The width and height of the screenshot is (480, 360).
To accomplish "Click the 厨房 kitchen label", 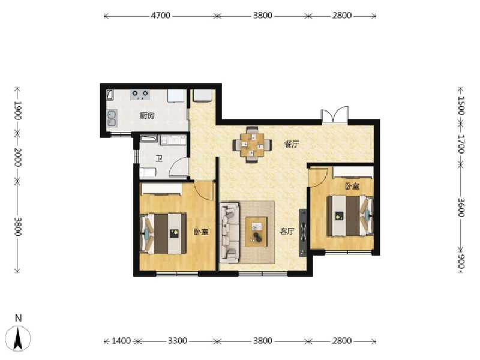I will coord(146,116).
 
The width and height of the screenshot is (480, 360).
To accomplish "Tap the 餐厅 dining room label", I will coord(292,144).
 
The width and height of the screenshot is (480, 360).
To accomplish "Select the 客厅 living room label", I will coord(287,232).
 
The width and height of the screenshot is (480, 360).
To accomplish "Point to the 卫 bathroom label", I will coord(159,159).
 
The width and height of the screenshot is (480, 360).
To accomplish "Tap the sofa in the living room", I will coord(229,233).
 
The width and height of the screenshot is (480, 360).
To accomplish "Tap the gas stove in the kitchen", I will coord(140,94).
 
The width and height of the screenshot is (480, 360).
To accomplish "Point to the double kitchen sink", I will coord(111,118).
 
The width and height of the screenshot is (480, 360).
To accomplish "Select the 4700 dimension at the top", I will coord(160,16).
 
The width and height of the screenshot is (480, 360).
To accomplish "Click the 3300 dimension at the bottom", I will coord(178,341).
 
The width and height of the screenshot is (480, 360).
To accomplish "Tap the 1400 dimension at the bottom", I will coord(121,341).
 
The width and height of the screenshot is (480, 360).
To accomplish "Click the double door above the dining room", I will coord(334,115).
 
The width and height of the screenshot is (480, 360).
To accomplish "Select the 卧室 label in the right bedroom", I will coord(352,187).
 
